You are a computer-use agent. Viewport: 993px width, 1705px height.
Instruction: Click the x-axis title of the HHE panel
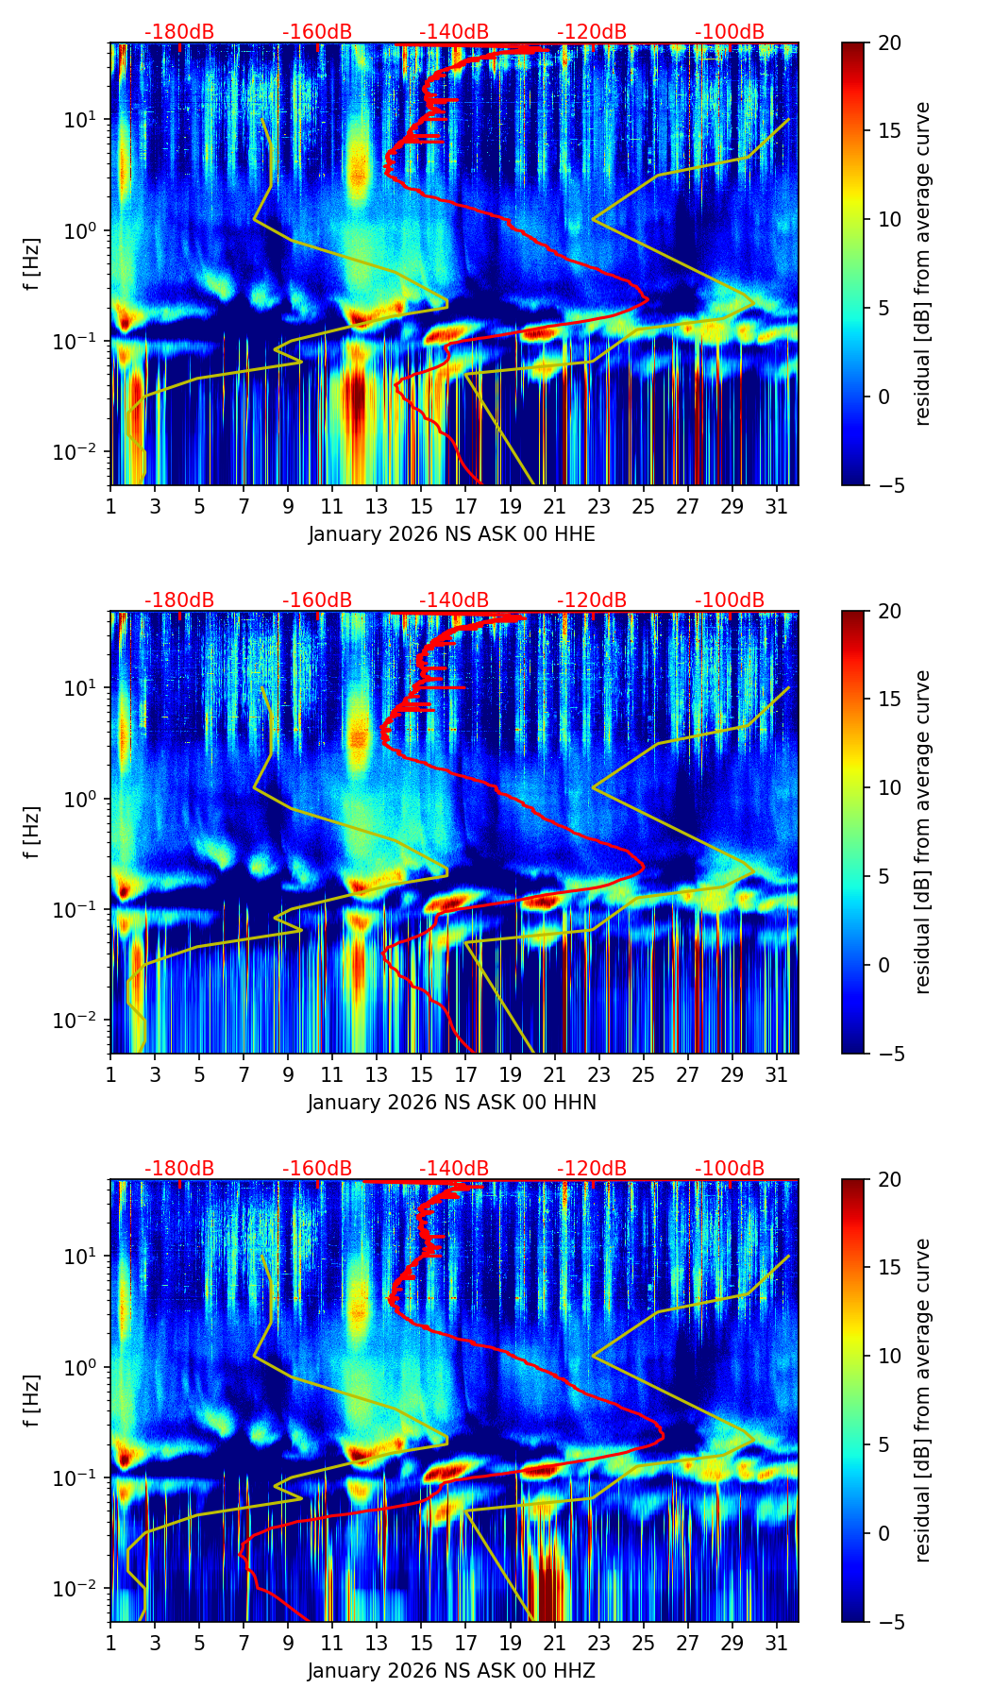[451, 534]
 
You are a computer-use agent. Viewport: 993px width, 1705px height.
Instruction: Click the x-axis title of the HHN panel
[451, 1103]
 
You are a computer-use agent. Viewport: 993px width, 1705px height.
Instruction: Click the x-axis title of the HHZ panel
[451, 1671]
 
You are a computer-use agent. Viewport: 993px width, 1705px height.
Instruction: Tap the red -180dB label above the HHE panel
[179, 32]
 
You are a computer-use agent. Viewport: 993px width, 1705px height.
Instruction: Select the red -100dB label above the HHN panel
[730, 600]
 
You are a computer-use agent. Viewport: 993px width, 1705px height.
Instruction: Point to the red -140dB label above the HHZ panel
[454, 1169]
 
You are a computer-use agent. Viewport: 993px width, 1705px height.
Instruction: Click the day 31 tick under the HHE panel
[776, 506]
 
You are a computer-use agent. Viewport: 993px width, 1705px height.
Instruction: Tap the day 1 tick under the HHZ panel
[110, 1643]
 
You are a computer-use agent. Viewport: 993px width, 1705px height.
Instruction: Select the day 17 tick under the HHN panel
[465, 1074]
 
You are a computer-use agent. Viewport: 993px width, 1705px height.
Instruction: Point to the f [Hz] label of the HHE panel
[31, 264]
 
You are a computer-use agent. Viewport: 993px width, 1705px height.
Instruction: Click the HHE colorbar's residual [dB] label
[922, 264]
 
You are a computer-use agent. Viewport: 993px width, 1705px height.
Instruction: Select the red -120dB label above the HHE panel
[592, 32]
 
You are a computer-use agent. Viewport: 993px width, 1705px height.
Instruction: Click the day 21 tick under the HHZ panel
[554, 1643]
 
